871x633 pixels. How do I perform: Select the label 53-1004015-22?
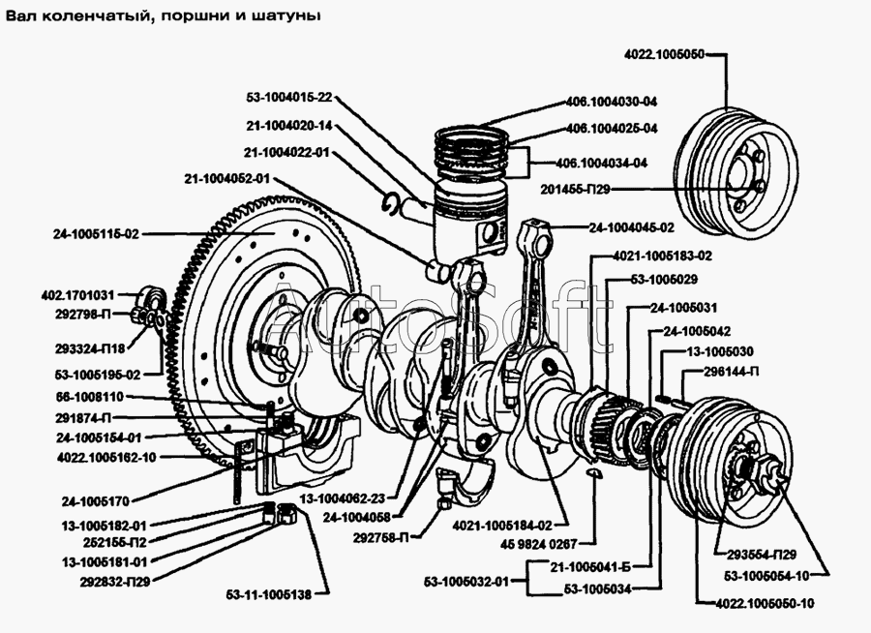289,97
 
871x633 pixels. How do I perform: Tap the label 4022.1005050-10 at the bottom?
766,603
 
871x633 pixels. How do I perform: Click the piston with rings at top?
468,213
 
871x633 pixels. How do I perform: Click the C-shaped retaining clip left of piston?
393,201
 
